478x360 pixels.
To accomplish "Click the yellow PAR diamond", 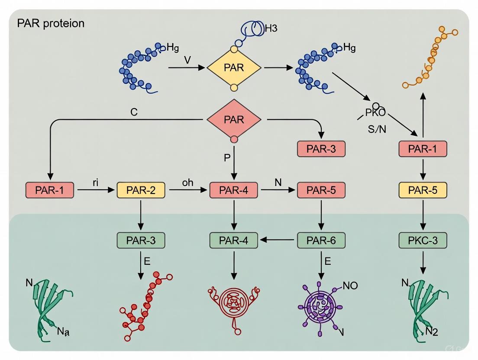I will [x=234, y=68].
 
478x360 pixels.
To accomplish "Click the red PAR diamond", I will [x=234, y=119].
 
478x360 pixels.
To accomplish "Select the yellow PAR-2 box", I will [x=141, y=190].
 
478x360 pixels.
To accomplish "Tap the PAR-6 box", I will [x=321, y=240].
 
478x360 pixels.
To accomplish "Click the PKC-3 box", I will [x=422, y=240].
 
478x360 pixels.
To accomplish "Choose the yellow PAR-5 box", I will [x=422, y=190].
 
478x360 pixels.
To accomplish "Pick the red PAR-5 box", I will [x=321, y=190].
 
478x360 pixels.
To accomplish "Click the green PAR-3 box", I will [x=141, y=240].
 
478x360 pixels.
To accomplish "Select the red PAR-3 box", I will [x=321, y=149].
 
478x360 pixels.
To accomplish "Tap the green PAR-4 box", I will [x=234, y=240].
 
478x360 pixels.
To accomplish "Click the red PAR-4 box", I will [x=234, y=190].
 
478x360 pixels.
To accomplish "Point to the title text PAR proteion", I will [x=51, y=23].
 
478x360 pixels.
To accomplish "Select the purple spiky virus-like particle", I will [x=321, y=306].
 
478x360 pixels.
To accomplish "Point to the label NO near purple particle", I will [x=350, y=286].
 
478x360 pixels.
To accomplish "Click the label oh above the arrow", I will [x=187, y=183].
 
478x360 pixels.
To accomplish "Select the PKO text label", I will [x=375, y=113].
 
